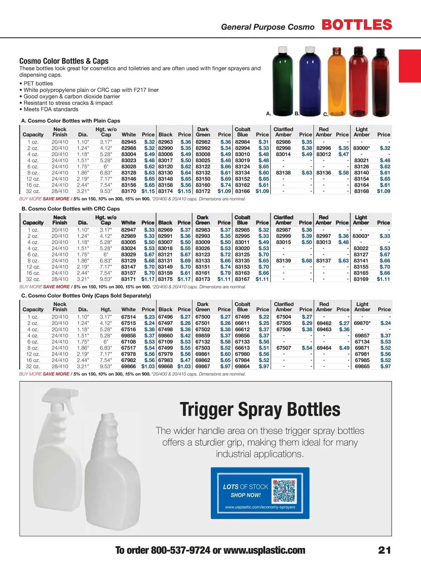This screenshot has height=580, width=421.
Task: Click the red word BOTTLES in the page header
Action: tap(356, 25)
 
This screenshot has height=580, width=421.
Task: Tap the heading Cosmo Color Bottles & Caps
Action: tap(64, 61)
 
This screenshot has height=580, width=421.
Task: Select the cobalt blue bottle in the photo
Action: tap(310, 84)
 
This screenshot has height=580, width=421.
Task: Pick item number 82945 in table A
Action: tap(129, 142)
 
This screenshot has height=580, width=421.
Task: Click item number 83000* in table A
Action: tap(361, 148)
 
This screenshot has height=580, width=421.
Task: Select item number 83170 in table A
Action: tap(129, 191)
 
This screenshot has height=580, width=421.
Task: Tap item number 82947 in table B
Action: tap(128, 230)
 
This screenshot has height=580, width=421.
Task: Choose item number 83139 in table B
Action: tap(283, 261)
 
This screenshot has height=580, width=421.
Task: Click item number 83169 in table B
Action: tap(361, 279)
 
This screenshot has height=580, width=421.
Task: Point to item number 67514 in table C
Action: tap(128, 317)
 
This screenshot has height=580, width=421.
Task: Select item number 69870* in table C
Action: tap(362, 323)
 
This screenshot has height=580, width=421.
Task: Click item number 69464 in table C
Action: tap(324, 348)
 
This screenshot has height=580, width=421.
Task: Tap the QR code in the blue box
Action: tap(285, 491)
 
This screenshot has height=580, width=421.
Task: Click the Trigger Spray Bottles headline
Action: tap(260, 409)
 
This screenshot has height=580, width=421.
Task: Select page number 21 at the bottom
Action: tap(384, 550)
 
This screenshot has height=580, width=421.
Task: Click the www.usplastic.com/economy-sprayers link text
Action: tap(260, 507)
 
